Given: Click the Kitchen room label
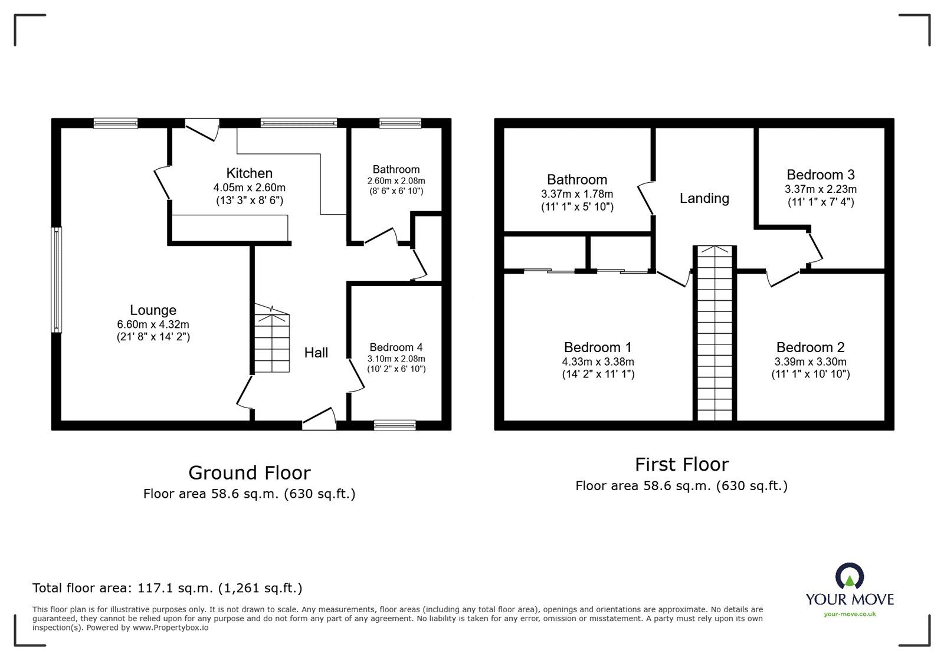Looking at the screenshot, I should [249, 173].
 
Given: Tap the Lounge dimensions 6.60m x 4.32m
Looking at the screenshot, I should [153, 324].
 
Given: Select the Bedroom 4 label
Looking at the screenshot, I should [395, 347].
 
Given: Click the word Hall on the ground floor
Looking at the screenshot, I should [316, 353].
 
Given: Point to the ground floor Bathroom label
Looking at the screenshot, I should [396, 169].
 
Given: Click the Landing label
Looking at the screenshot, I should [704, 198].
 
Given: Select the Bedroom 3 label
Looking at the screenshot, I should [820, 175].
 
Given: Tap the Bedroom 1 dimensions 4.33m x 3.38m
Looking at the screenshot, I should [598, 362].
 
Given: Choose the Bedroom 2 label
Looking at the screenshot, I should [810, 347].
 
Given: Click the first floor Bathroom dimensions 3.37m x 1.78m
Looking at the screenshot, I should [576, 193].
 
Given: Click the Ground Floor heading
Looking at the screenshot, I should [249, 472].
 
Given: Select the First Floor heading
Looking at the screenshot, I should [681, 464].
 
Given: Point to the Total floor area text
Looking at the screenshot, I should [167, 587].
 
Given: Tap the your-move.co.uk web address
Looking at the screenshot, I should [850, 614].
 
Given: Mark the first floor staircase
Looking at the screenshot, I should [714, 333].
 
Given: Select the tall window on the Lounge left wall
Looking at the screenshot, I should [56, 280].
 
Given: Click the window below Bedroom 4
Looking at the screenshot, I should [395, 425].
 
